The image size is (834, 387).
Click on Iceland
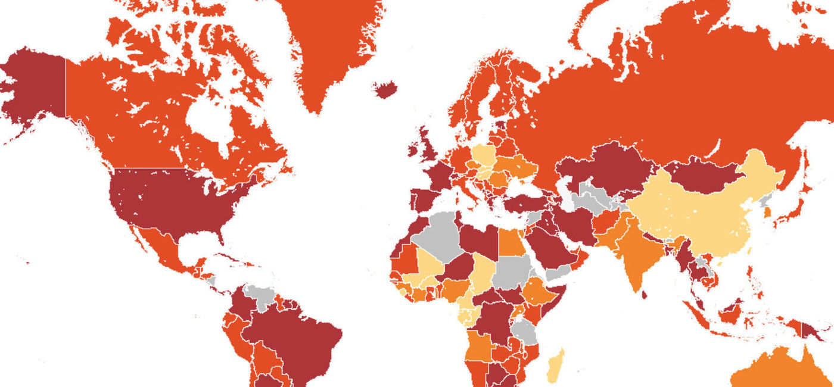tap(386, 90)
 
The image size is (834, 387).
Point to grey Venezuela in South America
tap(262, 295)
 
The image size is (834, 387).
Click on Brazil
tap(298, 339)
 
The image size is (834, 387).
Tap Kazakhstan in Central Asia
tap(608, 170)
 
